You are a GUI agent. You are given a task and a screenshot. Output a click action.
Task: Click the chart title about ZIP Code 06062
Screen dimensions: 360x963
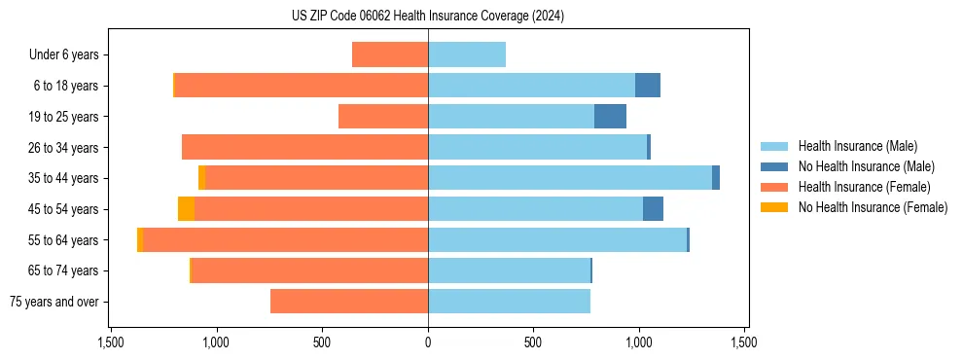[x=428, y=17]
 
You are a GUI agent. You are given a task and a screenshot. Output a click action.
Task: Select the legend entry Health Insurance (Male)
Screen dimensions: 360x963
[x=857, y=146]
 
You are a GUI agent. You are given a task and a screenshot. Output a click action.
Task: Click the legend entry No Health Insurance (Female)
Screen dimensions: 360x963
[x=873, y=207]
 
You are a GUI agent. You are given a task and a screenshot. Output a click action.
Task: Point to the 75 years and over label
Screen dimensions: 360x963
[x=53, y=302]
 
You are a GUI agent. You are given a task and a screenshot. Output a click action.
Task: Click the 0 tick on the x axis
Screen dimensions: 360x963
[x=428, y=343]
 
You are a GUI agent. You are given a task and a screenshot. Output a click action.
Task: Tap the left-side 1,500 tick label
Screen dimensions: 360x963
[x=111, y=343]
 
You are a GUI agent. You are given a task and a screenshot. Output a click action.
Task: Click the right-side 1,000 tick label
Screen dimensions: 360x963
[x=638, y=343]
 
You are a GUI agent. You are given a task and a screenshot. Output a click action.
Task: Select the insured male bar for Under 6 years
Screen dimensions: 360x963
[x=467, y=54]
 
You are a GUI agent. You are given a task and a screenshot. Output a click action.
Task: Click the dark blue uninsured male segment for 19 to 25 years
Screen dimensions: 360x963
[x=610, y=117]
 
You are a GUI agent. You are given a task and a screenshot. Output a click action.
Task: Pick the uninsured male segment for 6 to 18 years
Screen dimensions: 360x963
[x=648, y=86]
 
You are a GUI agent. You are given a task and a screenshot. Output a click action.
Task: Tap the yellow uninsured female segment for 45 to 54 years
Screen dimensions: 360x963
[x=186, y=209]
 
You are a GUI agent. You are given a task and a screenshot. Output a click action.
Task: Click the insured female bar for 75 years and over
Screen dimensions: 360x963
[x=349, y=302]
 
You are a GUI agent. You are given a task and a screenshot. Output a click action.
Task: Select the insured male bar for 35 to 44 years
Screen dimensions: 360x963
[x=570, y=178]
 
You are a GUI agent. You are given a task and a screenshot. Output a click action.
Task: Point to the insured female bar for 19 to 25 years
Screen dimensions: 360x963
[x=383, y=117]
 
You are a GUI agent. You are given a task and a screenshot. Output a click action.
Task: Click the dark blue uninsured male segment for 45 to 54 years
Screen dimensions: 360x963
[x=653, y=209]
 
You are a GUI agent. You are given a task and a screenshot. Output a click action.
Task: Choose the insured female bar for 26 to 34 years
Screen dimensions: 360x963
[x=304, y=147]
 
